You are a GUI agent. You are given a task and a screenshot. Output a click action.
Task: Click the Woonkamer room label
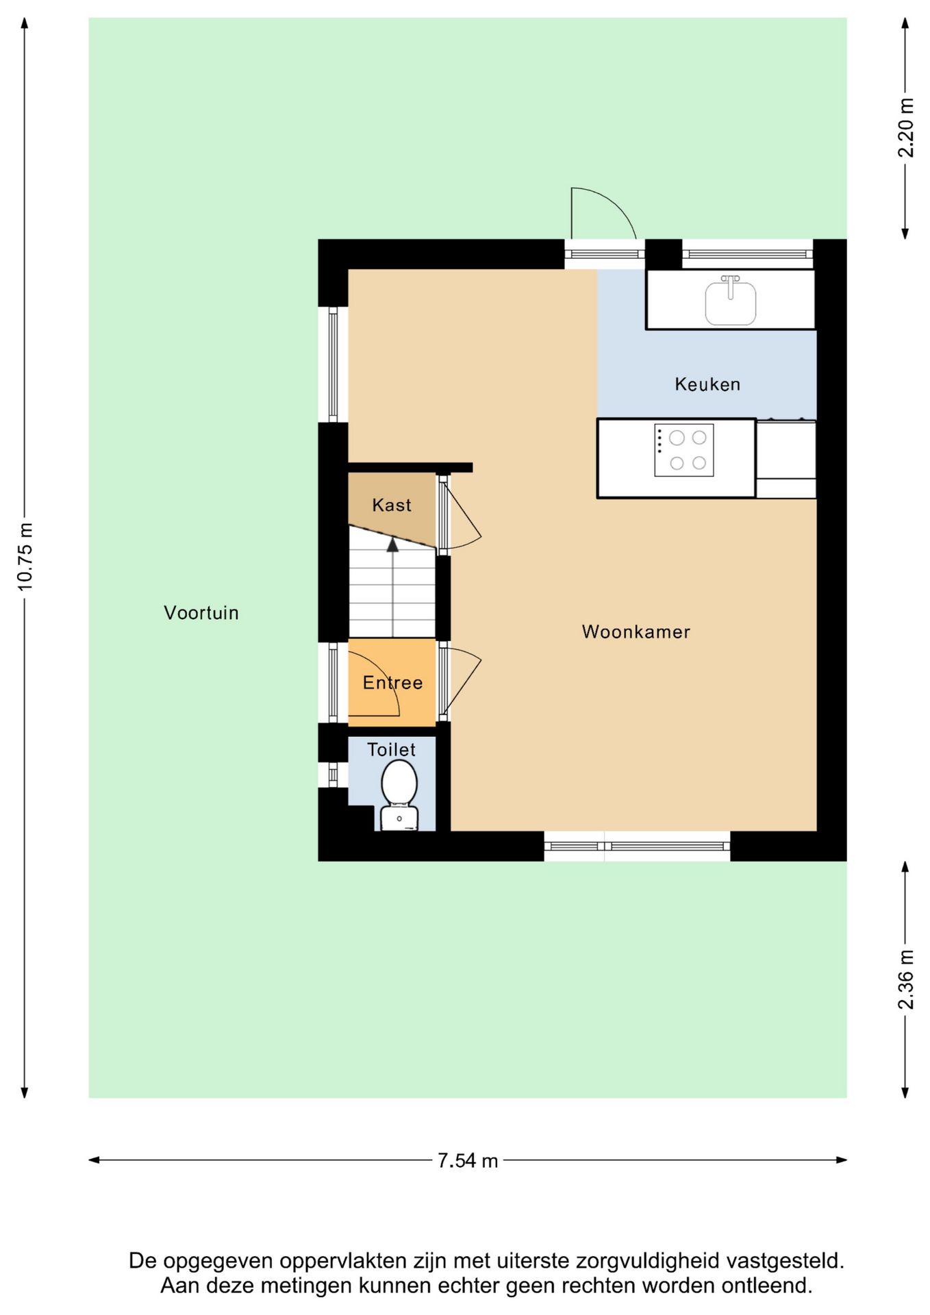636,631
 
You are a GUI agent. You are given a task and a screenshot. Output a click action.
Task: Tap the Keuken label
707,384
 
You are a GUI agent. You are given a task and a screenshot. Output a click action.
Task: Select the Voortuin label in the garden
201,612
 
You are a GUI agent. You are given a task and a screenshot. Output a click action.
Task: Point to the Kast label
392,505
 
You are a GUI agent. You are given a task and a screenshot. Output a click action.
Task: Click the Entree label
392,682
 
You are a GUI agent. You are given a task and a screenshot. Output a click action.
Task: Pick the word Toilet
391,749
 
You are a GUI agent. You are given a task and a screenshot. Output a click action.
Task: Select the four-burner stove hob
684,450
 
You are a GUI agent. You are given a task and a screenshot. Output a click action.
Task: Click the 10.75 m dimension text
25,557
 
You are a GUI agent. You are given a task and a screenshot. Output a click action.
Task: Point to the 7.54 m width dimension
468,1160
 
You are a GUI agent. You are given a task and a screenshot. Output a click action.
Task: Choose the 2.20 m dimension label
905,128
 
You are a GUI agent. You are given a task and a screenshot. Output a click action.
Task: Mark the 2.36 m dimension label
905,979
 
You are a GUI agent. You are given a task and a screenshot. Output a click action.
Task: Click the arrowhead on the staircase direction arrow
392,544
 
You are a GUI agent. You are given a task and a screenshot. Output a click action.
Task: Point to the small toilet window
333,775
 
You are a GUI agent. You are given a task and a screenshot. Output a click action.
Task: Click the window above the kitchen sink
747,254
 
